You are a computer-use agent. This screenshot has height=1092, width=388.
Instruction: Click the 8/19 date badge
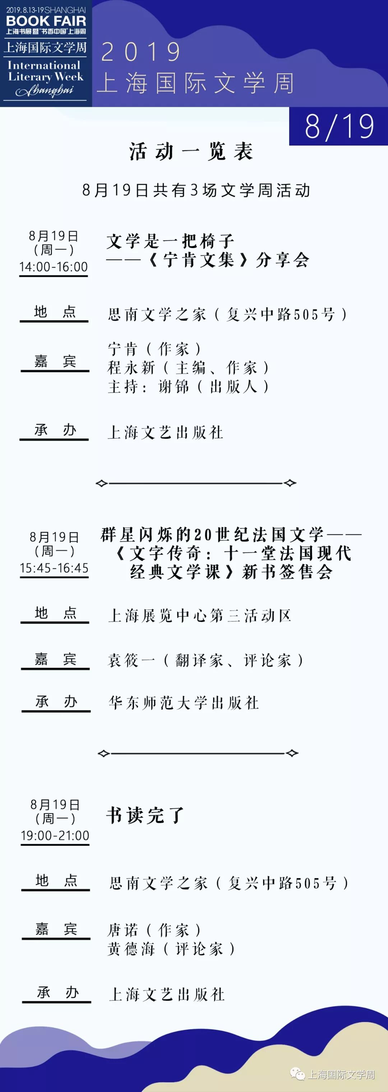coord(339,126)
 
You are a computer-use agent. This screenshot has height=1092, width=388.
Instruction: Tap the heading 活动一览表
coord(191,151)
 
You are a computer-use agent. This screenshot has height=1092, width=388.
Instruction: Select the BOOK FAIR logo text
coord(46,20)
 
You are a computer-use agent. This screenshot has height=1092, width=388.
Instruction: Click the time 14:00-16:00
coord(54,267)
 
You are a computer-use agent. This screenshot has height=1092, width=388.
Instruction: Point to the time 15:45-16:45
coord(54,568)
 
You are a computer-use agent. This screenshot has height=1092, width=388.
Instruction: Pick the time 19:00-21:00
coord(55,835)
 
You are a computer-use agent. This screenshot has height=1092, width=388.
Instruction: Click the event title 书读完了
coord(145,815)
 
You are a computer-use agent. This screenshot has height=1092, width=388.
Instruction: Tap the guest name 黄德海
coord(131,949)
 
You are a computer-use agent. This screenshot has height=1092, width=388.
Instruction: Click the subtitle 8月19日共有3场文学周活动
coord(196,191)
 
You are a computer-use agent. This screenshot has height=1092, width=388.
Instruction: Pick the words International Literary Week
coord(46,71)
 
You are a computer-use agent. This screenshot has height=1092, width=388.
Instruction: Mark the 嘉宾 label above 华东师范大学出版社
coord(55,659)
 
